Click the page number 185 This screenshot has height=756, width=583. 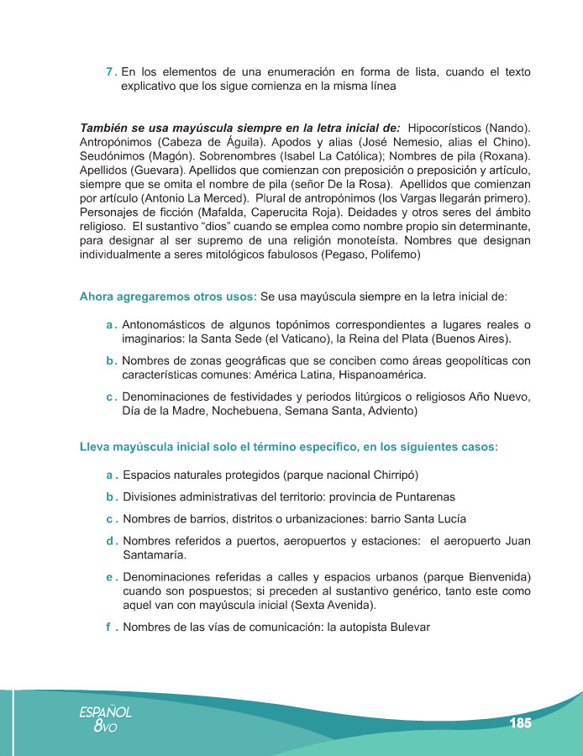(520, 722)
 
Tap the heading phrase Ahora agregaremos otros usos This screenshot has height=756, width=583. (167, 297)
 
